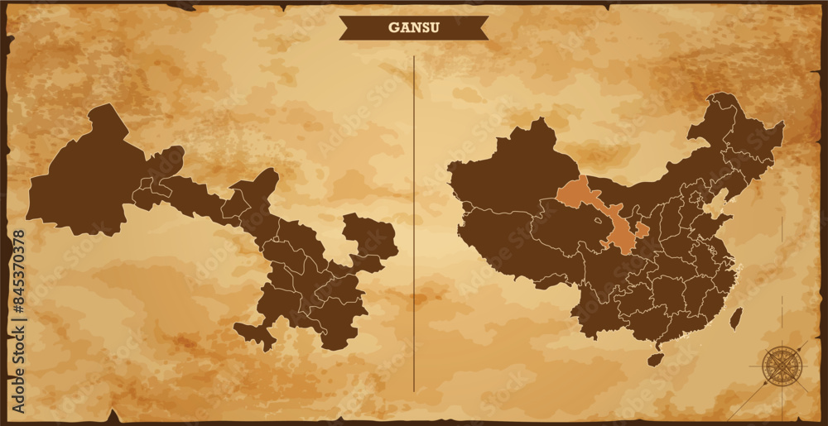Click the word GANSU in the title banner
pyautogui.click(x=413, y=27)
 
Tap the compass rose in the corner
pyautogui.click(x=779, y=364)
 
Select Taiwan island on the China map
pyautogui.click(x=735, y=318)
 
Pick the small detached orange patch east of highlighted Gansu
pyautogui.click(x=643, y=229)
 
